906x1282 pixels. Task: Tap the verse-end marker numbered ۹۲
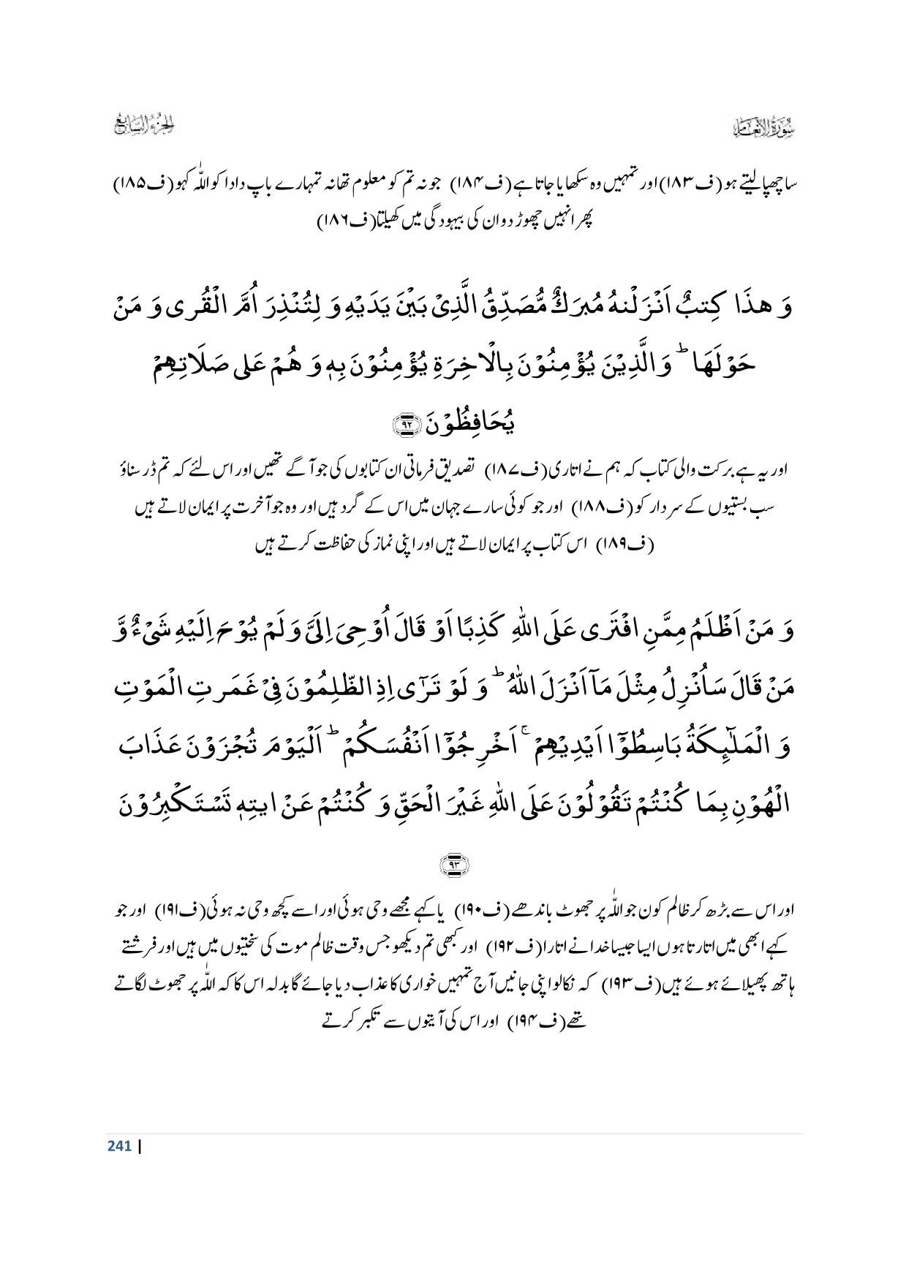point(403,423)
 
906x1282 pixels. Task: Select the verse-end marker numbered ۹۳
point(453,865)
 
